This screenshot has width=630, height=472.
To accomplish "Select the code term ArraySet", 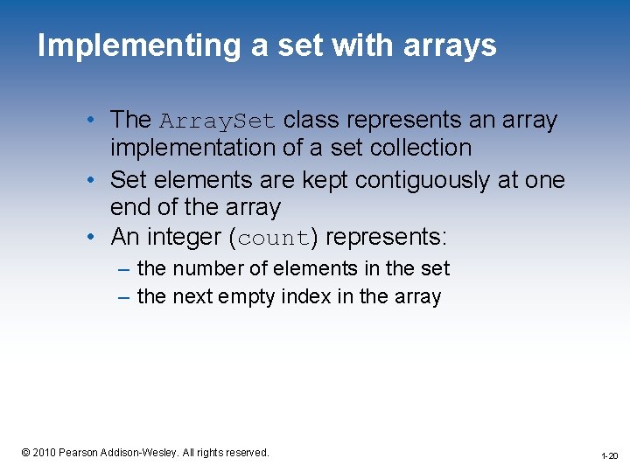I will pyautogui.click(x=218, y=120).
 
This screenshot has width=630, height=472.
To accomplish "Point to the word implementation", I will pyautogui.click(x=193, y=148).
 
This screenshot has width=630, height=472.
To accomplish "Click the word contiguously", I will pyautogui.click(x=394, y=180).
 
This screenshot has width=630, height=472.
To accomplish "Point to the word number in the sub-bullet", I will pyautogui.click(x=207, y=268).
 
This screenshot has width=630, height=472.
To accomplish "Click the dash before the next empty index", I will pyautogui.click(x=124, y=297).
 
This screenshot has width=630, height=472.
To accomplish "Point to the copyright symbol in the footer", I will pyautogui.click(x=26, y=452).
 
